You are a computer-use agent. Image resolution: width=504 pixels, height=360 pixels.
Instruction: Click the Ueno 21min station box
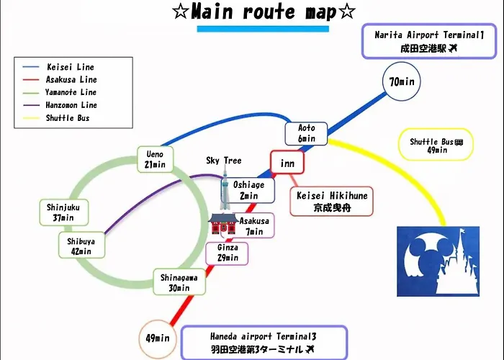(x=156, y=159)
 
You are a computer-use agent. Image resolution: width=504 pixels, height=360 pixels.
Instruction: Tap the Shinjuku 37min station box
(x=64, y=212)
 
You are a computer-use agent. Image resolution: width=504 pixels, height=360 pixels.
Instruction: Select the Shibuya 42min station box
(x=81, y=246)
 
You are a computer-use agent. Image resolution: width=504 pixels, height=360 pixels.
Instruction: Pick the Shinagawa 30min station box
(x=179, y=282)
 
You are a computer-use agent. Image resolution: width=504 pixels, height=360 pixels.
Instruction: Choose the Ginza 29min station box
(x=227, y=253)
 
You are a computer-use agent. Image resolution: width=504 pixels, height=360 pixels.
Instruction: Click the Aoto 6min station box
(x=306, y=133)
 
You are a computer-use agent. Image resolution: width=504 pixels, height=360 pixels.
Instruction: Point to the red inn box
(x=287, y=163)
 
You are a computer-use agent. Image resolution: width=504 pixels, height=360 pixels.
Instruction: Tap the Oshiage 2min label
(x=248, y=190)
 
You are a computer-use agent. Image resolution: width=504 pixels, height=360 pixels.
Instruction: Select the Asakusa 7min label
(x=254, y=225)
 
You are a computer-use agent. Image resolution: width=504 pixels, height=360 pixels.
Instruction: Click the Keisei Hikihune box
(x=331, y=202)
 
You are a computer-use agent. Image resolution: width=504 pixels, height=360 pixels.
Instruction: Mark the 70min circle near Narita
(x=402, y=81)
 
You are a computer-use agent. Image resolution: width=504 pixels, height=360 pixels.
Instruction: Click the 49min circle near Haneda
(x=158, y=338)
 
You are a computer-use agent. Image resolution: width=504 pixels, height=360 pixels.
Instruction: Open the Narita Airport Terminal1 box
(x=429, y=41)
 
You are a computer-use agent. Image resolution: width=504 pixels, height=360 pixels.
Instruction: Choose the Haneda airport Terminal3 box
(x=264, y=343)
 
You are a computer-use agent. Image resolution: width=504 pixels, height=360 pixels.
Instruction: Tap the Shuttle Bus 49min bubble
(x=436, y=145)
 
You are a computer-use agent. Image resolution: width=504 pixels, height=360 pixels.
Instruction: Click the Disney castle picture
(x=438, y=261)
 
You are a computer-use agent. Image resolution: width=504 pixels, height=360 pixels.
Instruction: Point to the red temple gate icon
(x=223, y=224)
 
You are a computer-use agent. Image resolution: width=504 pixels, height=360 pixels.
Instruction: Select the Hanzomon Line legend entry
(x=60, y=105)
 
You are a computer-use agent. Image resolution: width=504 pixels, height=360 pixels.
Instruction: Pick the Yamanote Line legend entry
(x=60, y=93)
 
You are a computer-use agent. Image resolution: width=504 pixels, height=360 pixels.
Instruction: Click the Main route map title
(x=264, y=12)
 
